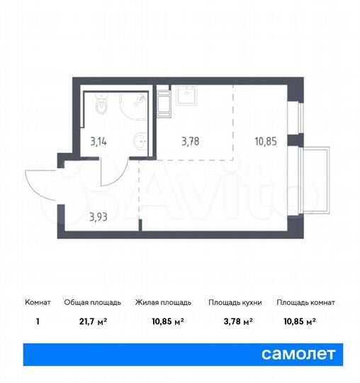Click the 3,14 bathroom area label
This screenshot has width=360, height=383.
click(99, 140)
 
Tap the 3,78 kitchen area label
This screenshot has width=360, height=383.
click(190, 140)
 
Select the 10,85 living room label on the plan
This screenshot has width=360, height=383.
click(266, 140)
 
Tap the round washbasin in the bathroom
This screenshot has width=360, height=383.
click(142, 144)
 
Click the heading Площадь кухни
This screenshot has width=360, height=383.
click(235, 303)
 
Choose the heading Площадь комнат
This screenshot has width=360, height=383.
click(305, 303)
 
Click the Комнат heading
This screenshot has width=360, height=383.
click(36, 303)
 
